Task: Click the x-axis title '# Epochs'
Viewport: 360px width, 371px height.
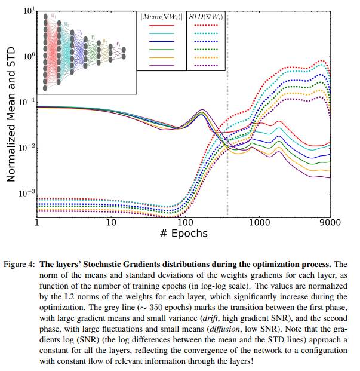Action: point(183,233)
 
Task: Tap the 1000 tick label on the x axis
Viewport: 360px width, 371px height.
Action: point(259,222)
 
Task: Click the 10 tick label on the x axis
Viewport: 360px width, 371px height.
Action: point(110,222)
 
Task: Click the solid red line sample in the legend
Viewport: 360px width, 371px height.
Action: point(162,26)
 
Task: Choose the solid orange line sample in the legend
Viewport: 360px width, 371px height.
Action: point(162,57)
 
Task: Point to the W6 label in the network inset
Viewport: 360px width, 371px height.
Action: point(118,44)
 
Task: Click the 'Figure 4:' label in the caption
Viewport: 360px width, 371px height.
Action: point(21,263)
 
